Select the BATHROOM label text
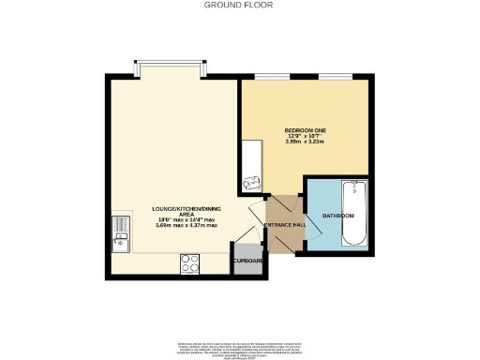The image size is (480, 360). coord(338,216)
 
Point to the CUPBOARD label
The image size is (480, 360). coord(247,262)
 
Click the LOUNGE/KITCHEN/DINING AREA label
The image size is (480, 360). coord(187,211)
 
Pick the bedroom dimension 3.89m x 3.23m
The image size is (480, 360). coord(305,142)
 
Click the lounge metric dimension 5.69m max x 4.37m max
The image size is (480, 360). coord(187,226)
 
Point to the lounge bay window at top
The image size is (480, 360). coord(170,67)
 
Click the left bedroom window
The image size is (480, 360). coord(273,77)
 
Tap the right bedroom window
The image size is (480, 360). coord(335,77)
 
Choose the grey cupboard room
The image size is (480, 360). coord(247,264)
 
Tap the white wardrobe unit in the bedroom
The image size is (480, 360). coord(252,167)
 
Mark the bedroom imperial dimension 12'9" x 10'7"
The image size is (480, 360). coord(305,136)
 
